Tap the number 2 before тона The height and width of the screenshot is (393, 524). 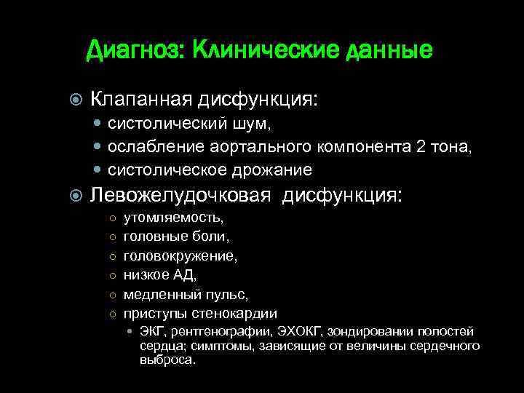coord(421,148)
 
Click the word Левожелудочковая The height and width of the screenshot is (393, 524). coord(180,196)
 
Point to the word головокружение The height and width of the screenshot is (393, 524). coord(181,256)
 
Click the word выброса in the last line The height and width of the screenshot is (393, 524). coord(167,360)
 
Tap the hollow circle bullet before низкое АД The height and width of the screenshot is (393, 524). coord(112,276)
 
